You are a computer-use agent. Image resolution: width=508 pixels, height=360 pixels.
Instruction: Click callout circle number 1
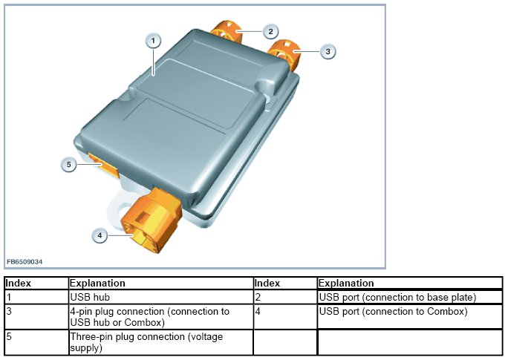153,41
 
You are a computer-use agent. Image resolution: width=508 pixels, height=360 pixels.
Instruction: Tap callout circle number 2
270,31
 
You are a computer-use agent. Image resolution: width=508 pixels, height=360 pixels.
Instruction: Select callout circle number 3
328,51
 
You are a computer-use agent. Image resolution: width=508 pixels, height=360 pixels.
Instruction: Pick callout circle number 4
100,235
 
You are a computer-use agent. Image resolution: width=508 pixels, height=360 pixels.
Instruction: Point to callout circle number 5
68,165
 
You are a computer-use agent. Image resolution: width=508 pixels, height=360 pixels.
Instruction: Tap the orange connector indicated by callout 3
285,53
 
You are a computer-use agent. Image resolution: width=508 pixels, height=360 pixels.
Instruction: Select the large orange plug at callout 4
151,220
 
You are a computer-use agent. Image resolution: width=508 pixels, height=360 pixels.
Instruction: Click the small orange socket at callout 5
103,165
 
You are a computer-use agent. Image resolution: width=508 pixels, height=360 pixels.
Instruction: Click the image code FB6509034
25,261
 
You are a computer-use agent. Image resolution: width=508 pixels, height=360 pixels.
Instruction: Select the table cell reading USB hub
161,297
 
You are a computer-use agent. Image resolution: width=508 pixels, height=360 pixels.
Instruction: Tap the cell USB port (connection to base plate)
410,297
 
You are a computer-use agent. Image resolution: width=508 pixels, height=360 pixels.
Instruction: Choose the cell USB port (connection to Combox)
410,317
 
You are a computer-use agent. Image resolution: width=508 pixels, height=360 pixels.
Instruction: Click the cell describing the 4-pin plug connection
161,317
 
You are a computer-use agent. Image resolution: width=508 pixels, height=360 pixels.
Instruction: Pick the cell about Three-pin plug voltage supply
161,342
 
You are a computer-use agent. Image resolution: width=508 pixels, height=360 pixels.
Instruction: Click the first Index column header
36,283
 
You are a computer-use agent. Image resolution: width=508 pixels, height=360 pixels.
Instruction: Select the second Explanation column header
410,283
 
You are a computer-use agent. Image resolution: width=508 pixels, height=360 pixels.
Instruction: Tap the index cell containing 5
36,342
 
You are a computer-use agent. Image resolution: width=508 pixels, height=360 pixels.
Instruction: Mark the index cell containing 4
285,317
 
